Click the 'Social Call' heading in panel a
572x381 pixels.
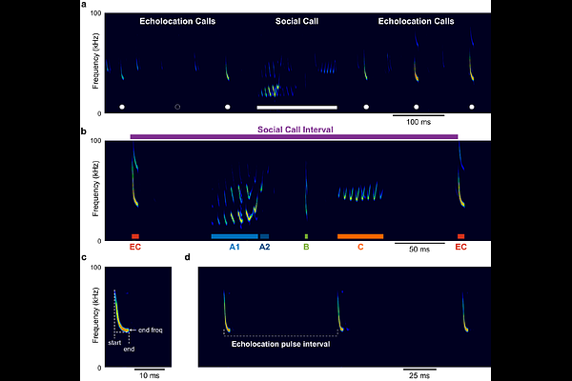[x=296, y=20]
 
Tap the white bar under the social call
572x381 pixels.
[x=296, y=107]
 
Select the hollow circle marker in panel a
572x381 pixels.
[x=177, y=107]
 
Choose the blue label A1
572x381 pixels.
[x=235, y=247]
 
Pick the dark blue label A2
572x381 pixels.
[x=265, y=247]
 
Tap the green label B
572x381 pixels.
[x=306, y=247]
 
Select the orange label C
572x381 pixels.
[x=360, y=247]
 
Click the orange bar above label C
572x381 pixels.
[x=360, y=235]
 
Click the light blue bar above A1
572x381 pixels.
[x=235, y=235]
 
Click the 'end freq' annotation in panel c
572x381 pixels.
[x=151, y=330]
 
